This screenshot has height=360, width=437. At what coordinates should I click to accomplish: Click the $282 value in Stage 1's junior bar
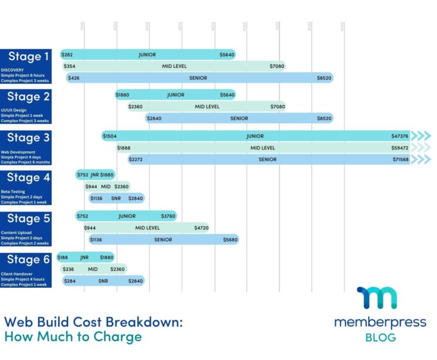tap(69, 55)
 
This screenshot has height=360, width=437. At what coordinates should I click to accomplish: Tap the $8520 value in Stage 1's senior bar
tap(324, 77)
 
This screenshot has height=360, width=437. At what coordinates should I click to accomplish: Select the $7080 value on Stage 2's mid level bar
tap(277, 107)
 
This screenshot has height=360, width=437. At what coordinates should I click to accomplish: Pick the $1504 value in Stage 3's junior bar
tap(110, 136)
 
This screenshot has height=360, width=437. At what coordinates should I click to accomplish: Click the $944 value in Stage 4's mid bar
tap(91, 186)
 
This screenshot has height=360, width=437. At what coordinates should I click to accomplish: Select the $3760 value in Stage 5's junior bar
tap(168, 216)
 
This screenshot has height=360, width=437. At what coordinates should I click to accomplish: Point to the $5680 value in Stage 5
tap(231, 239)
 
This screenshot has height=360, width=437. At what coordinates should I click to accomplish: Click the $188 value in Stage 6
tap(62, 257)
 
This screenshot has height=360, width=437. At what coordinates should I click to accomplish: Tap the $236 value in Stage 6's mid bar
tap(69, 269)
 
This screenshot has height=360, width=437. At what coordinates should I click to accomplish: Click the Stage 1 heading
tap(28, 57)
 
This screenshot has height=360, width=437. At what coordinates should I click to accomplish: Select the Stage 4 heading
tap(28, 178)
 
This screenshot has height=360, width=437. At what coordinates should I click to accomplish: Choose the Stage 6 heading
tap(28, 260)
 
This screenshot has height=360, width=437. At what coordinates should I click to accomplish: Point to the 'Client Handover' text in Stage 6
tap(16, 274)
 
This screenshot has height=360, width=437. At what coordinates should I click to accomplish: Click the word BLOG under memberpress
tap(380, 337)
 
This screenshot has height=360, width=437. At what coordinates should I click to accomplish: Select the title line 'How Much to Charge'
tap(73, 337)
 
